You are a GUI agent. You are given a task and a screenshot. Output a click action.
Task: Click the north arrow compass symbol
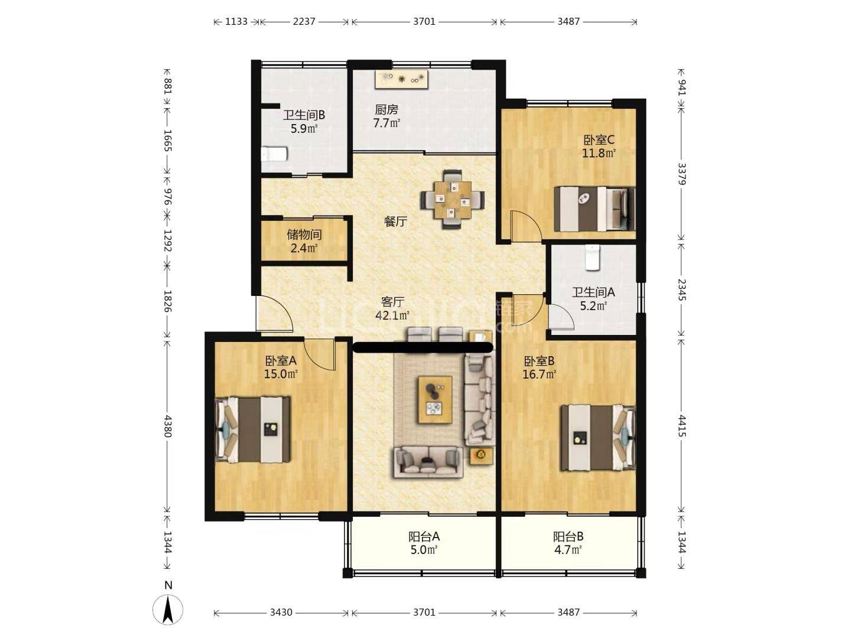(x=167, y=609)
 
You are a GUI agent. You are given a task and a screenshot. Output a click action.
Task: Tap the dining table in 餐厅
(x=453, y=200)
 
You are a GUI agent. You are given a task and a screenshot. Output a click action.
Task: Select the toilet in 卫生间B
(x=274, y=154)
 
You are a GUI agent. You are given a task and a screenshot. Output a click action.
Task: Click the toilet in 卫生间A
(x=592, y=257)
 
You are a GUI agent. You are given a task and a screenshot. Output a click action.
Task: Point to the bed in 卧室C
(x=595, y=209)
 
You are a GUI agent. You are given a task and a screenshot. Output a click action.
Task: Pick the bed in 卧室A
(x=253, y=429)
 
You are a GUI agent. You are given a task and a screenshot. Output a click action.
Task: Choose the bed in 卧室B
(x=598, y=438)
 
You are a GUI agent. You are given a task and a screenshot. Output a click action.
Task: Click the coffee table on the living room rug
(x=435, y=400)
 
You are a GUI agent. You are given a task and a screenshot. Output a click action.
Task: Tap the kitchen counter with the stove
(x=402, y=79)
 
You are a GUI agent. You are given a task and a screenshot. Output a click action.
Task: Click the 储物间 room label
(x=304, y=235)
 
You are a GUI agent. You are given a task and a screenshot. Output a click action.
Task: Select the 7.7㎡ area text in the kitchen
(x=386, y=123)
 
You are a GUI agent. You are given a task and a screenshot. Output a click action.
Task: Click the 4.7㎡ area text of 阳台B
(x=568, y=549)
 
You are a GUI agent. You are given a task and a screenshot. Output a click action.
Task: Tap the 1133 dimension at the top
(x=236, y=21)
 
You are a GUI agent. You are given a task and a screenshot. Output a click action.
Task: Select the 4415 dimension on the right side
(x=681, y=426)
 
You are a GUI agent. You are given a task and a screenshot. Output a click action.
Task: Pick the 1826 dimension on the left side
(x=167, y=301)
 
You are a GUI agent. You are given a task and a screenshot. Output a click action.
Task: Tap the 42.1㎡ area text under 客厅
(x=392, y=315)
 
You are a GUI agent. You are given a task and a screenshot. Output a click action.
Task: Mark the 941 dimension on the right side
(x=681, y=87)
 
